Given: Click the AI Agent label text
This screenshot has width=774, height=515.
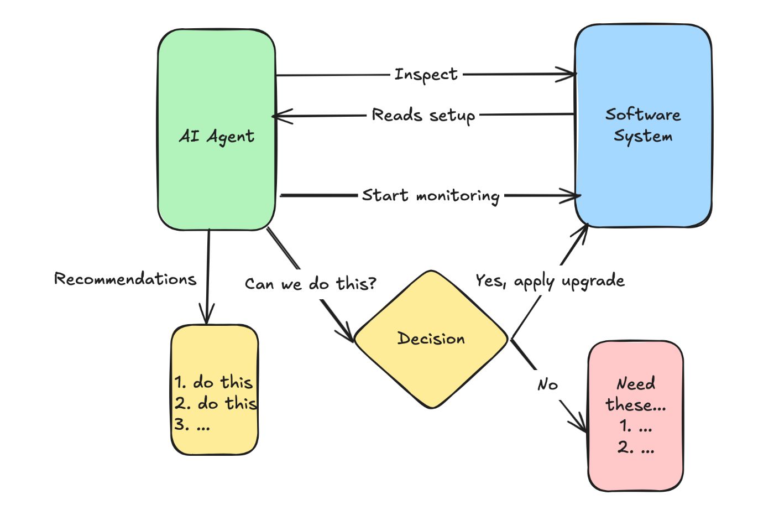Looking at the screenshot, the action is click(216, 136).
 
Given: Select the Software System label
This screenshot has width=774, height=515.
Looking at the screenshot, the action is click(643, 125).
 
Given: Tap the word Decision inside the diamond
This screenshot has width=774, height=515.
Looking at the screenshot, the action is click(431, 339).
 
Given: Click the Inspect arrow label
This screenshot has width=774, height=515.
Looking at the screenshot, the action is click(426, 74).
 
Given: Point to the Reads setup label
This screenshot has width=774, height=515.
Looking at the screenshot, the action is click(423, 115).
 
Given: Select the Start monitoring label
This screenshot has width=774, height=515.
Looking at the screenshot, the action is click(431, 195).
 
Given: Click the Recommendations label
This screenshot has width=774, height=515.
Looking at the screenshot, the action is click(125, 279).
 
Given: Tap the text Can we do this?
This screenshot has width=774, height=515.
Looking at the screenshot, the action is click(310, 284).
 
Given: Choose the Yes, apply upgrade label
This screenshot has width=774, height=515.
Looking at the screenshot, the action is click(550, 281).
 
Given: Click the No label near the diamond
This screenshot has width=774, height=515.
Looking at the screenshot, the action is click(547, 384).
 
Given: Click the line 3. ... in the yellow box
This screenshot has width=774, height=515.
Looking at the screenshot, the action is click(192, 425).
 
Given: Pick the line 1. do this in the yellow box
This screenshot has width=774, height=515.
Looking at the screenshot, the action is click(213, 382).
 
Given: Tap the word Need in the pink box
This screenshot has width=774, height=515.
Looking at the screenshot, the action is click(636, 383).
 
